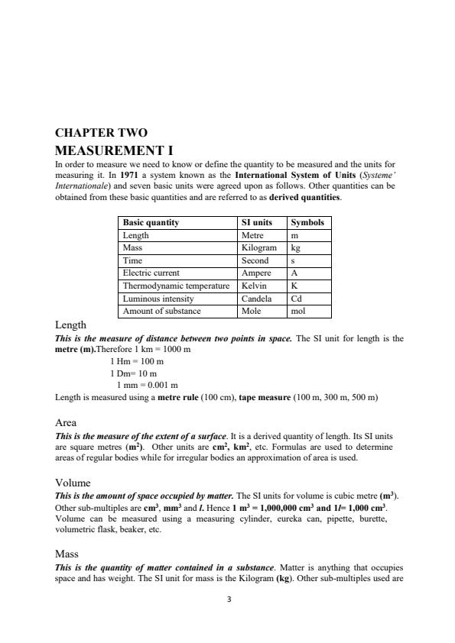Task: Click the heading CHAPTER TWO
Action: [102, 133]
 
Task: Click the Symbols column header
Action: [308, 222]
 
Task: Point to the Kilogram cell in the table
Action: [258, 248]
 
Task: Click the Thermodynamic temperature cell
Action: [176, 285]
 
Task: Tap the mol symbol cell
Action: [298, 311]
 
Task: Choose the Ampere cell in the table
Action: [256, 273]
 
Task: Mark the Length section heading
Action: [71, 325]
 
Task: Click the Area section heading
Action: [66, 422]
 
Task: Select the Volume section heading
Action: [73, 483]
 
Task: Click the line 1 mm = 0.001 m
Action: [147, 385]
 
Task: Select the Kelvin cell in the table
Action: [254, 285]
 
